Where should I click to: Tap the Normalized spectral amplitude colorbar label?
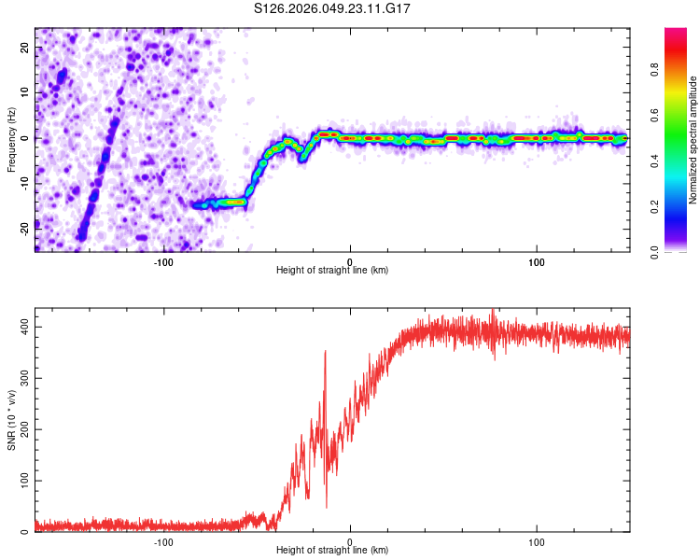pyautogui.click(x=693, y=140)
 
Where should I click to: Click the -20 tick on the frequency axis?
pyautogui.click(x=23, y=225)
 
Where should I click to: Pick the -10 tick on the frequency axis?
pyautogui.click(x=23, y=181)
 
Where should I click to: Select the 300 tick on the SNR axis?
pyautogui.click(x=21, y=377)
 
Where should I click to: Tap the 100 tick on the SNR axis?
pyautogui.click(x=21, y=480)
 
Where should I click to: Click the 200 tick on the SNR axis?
pyautogui.click(x=21, y=428)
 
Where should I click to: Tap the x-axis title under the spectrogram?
pyautogui.click(x=332, y=270)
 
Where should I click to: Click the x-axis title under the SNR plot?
pyautogui.click(x=332, y=551)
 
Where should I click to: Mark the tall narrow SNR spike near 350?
pyautogui.click(x=325, y=355)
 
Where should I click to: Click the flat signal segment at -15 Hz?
pyautogui.click(x=224, y=203)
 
